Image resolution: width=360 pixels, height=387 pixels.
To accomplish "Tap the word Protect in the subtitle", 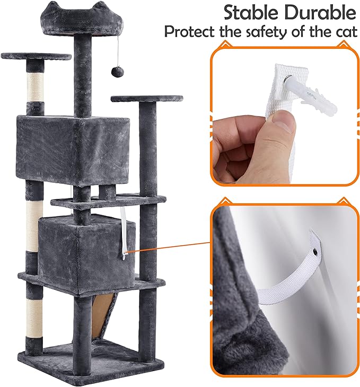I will pyautogui.click(x=191, y=32).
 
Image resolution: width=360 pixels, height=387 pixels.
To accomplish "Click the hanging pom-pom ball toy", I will pyautogui.click(x=114, y=71).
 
